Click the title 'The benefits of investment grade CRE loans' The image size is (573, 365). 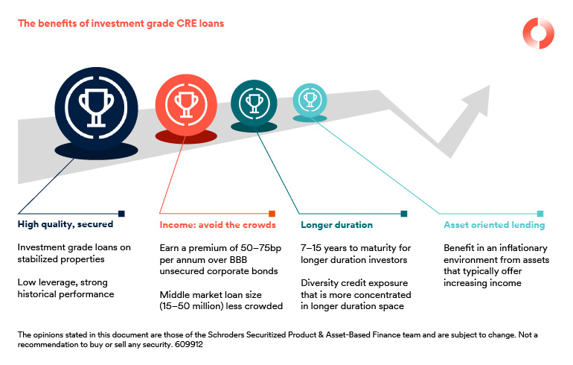click(x=121, y=23)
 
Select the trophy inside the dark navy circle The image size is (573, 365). click(x=96, y=108)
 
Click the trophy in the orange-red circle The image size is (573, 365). click(x=186, y=104)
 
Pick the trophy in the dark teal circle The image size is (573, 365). click(x=255, y=104)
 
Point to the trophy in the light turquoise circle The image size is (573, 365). click(x=310, y=100)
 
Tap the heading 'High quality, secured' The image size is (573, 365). click(x=65, y=224)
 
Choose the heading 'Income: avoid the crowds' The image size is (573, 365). click(x=217, y=225)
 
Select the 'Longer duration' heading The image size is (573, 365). click(x=336, y=225)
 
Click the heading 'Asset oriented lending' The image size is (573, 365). click(x=494, y=225)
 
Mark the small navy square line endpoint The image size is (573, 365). click(x=122, y=214)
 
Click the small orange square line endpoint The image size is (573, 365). click(x=272, y=214)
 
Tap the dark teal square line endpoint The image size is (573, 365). click(x=404, y=214)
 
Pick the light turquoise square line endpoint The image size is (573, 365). click(x=540, y=214)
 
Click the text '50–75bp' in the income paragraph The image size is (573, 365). click(x=261, y=248)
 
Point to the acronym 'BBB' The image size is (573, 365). click(x=238, y=260)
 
